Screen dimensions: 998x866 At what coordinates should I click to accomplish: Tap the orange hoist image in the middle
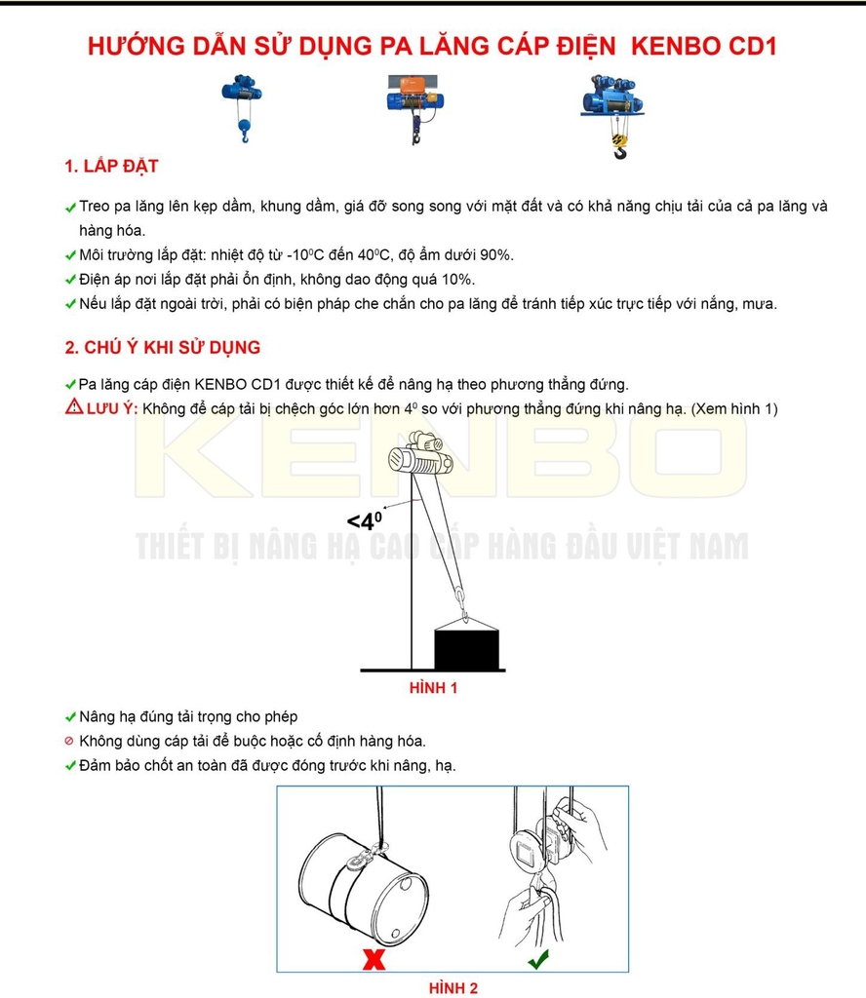tap(417, 105)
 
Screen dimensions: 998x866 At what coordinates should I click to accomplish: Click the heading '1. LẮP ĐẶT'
tap(111, 167)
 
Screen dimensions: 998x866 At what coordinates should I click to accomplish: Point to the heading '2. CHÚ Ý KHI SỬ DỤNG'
tap(162, 348)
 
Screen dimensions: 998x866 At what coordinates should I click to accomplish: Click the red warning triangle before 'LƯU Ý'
tap(73, 407)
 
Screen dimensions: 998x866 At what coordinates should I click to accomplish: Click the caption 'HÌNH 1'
tap(433, 688)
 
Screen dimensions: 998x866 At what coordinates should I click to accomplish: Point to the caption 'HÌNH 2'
tap(453, 988)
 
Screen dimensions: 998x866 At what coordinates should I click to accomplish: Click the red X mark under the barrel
tap(373, 960)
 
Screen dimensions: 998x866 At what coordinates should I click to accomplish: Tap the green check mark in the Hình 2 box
tap(537, 960)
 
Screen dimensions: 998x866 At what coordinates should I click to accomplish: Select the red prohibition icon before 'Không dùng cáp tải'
tap(69, 742)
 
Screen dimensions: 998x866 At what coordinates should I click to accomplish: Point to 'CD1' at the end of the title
tap(756, 45)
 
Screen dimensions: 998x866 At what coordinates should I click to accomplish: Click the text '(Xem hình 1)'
tap(734, 408)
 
